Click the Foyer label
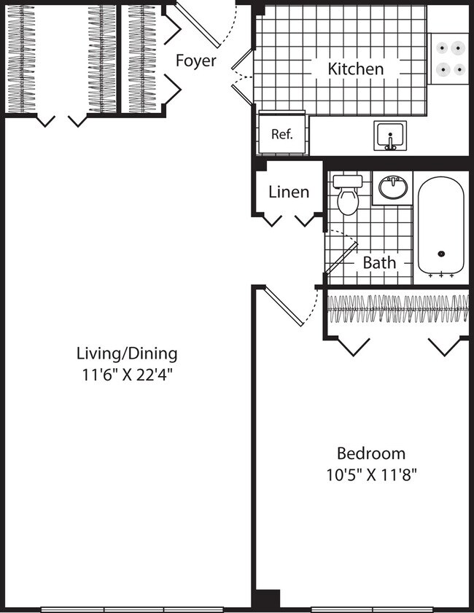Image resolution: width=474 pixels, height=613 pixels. [195, 60]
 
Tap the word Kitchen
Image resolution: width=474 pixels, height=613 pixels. [355, 69]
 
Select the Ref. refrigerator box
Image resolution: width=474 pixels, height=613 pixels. [281, 133]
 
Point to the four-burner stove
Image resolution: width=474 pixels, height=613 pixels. [448, 58]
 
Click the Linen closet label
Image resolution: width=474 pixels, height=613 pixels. [289, 192]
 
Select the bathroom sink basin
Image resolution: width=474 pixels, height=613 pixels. [394, 189]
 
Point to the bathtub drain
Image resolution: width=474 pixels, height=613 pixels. [440, 254]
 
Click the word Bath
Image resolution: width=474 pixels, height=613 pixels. [379, 262]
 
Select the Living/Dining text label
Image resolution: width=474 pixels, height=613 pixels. [127, 354]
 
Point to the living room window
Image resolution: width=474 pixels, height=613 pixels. [131, 609]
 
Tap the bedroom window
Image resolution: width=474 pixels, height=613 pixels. [373, 609]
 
